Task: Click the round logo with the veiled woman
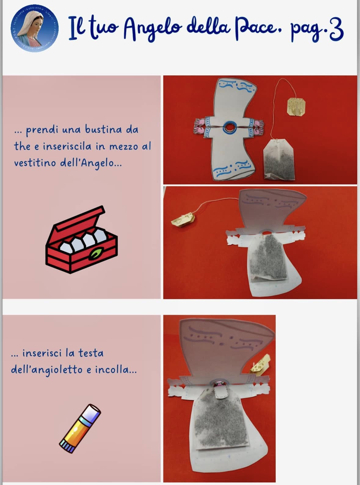pos(35,29)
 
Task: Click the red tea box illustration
pos(82,239)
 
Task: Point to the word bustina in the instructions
pos(103,130)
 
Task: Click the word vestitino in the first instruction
pos(35,163)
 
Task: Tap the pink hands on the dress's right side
pos(259,127)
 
